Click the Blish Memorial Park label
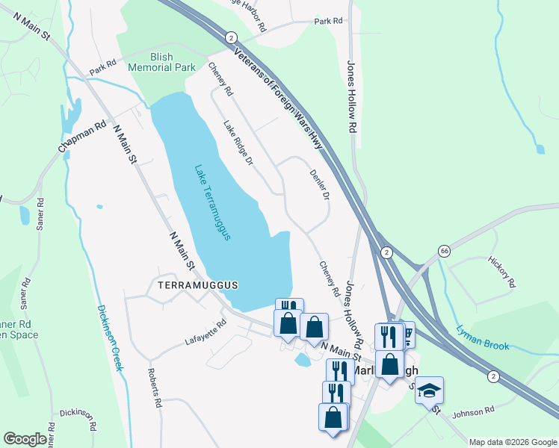161,61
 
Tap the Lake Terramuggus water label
212,202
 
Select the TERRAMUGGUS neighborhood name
197,285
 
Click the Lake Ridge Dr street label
239,143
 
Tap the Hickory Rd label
501,273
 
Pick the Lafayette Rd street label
206,334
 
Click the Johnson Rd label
473,411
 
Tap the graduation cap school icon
430,391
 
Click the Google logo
25,439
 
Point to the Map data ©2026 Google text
512,442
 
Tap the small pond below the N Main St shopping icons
303,361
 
